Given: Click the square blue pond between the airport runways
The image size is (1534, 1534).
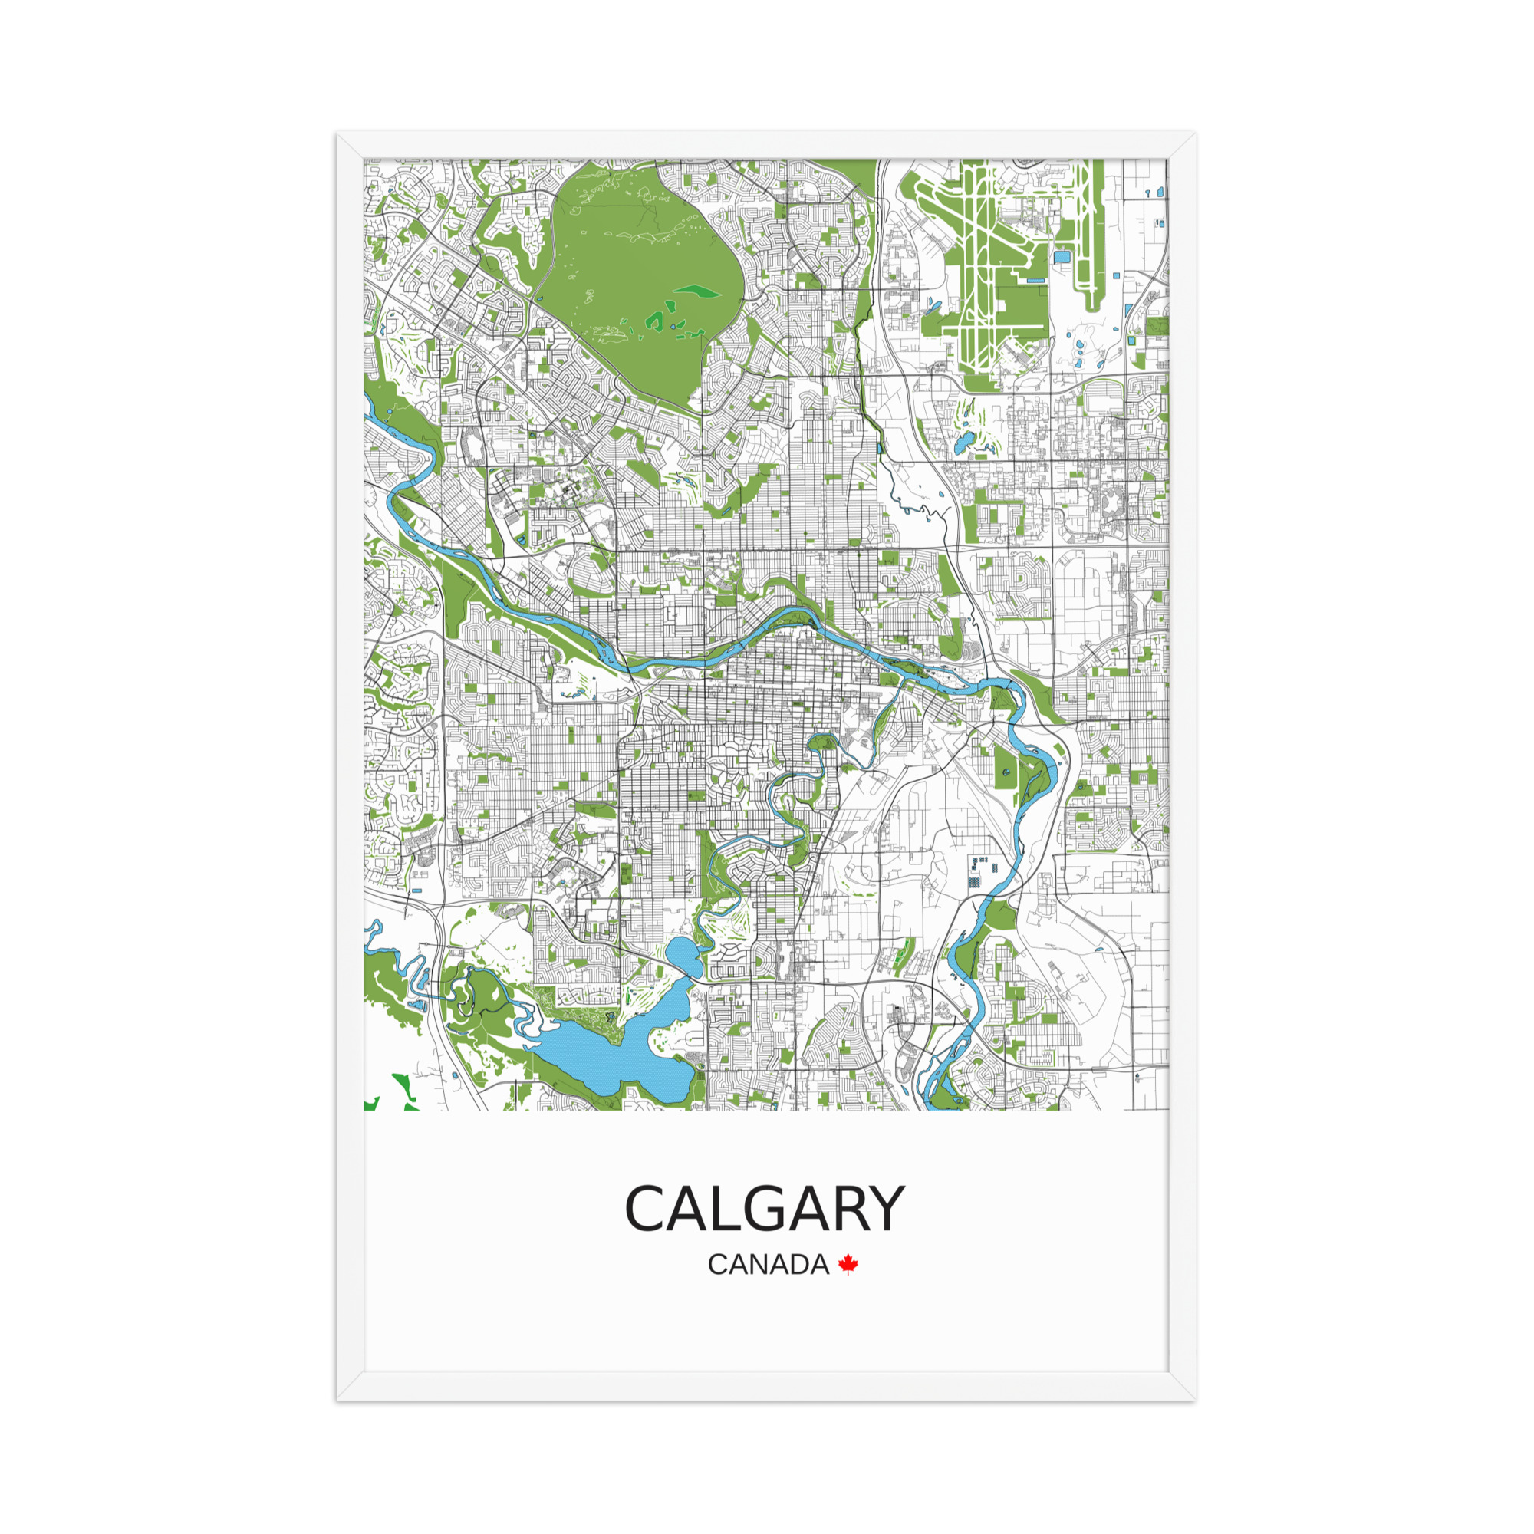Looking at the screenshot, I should coord(1061,257).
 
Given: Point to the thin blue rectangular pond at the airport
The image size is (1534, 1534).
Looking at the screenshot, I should coord(1035,280).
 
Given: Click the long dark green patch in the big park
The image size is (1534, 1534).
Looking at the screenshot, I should coord(696,291).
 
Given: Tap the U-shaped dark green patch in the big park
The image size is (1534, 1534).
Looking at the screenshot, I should coord(656,320).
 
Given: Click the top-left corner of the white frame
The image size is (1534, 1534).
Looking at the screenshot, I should coord(339,134).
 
